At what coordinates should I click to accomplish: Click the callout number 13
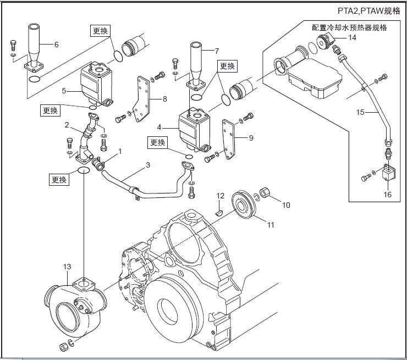(67, 267)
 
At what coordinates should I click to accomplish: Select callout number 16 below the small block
(387, 195)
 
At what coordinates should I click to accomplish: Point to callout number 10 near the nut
(286, 205)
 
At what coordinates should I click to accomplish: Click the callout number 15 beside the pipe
(360, 112)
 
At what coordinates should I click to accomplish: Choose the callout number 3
(148, 165)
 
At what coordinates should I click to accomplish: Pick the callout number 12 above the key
(220, 196)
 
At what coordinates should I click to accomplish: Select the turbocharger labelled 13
(75, 302)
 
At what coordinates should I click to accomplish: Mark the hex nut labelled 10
(266, 192)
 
